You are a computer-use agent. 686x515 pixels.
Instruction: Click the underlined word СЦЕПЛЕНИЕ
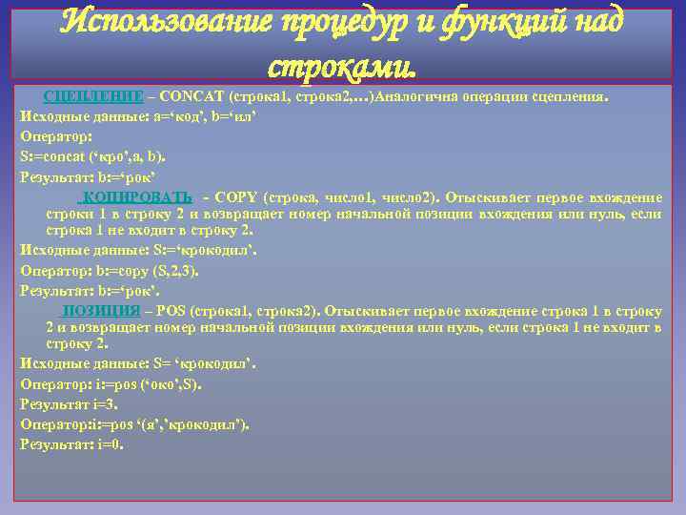click(x=93, y=97)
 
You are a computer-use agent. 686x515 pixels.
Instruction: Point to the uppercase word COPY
click(x=240, y=196)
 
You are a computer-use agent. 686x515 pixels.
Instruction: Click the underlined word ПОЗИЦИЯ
click(x=100, y=311)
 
